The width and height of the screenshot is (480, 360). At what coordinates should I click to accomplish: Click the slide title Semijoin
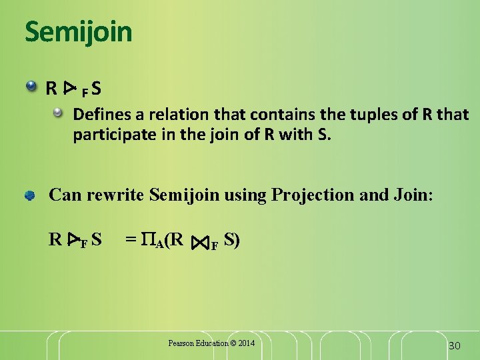pyautogui.click(x=79, y=31)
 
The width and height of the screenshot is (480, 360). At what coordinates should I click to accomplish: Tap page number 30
pyautogui.click(x=454, y=345)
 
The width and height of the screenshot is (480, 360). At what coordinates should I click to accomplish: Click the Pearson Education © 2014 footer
pyautogui.click(x=211, y=343)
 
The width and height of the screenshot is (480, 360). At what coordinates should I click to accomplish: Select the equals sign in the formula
pyautogui.click(x=131, y=239)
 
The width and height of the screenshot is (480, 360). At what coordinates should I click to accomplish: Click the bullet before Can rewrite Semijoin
pyautogui.click(x=31, y=195)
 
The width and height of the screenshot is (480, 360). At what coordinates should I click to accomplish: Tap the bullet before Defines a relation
pyautogui.click(x=59, y=115)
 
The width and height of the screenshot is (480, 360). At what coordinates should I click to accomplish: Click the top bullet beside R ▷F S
pyautogui.click(x=31, y=87)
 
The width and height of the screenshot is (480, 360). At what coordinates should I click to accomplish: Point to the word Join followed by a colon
pyautogui.click(x=411, y=195)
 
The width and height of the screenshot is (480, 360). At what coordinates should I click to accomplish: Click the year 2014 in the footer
pyautogui.click(x=246, y=343)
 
